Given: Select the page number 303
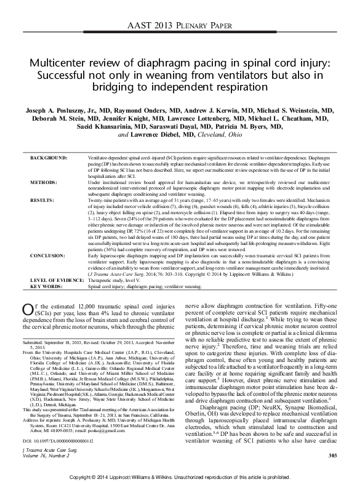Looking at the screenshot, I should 333,456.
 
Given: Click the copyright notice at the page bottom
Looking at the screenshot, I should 180,476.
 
